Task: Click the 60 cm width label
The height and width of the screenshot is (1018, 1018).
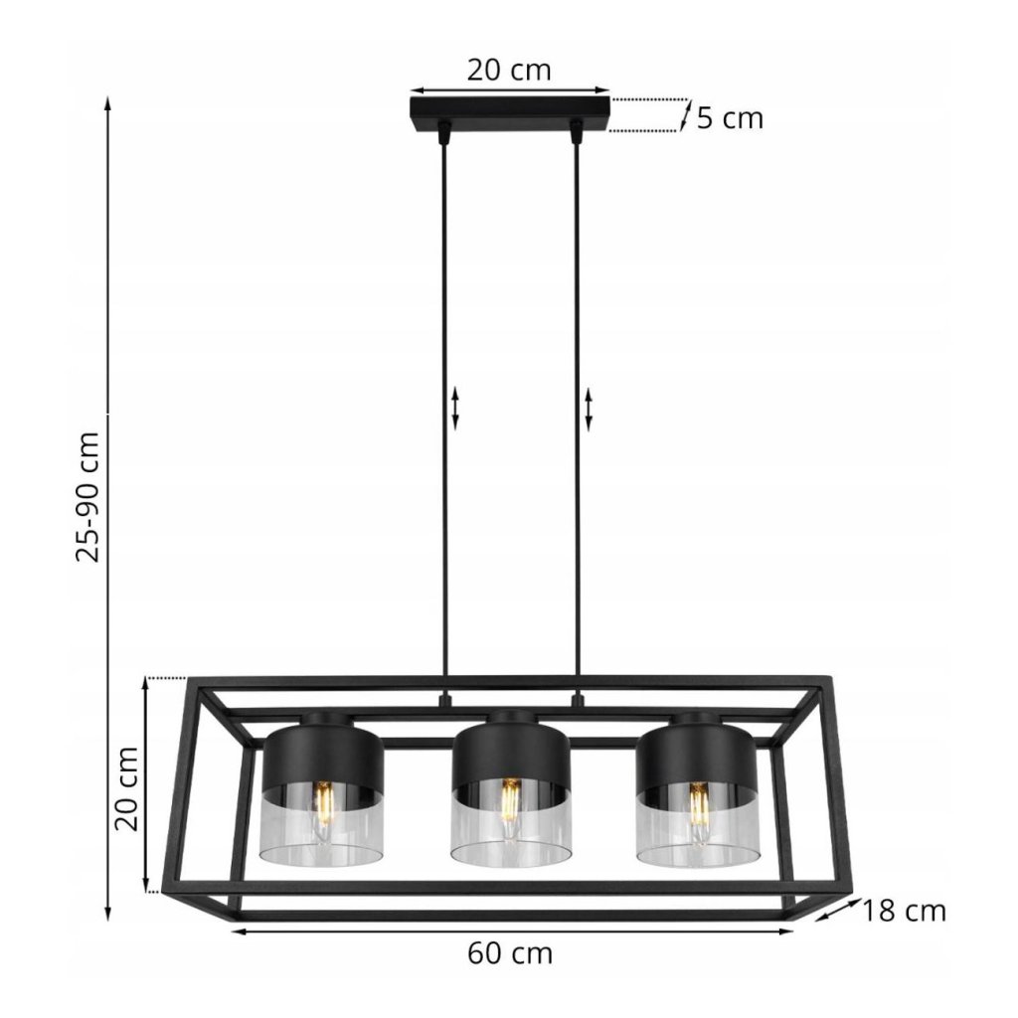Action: click(x=510, y=953)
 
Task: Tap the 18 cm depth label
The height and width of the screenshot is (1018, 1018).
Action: click(x=903, y=912)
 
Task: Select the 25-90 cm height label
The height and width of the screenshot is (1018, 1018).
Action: click(x=88, y=497)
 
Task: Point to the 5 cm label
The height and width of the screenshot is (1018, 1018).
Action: click(x=730, y=119)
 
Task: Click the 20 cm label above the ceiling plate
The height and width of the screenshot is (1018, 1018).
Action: click(x=509, y=71)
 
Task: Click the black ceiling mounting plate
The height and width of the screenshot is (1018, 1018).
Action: click(x=510, y=113)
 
